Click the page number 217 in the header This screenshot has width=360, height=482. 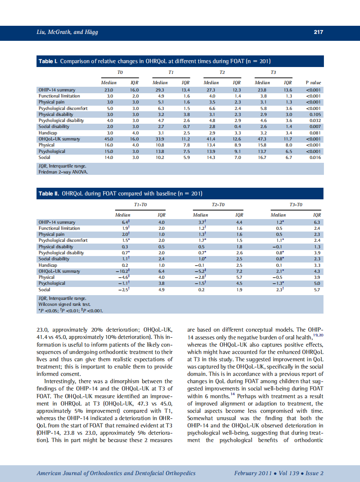(318, 32)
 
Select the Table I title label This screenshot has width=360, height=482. (48, 61)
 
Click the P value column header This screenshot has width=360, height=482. (313, 82)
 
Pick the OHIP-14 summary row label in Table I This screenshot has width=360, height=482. (57, 90)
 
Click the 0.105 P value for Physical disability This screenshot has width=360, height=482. (315, 115)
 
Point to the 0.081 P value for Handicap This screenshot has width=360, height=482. (315, 133)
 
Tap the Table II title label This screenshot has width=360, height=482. (49, 193)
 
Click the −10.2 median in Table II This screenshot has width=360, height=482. (122, 272)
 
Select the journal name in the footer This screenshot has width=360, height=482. (116, 473)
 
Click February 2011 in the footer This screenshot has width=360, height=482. (253, 473)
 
